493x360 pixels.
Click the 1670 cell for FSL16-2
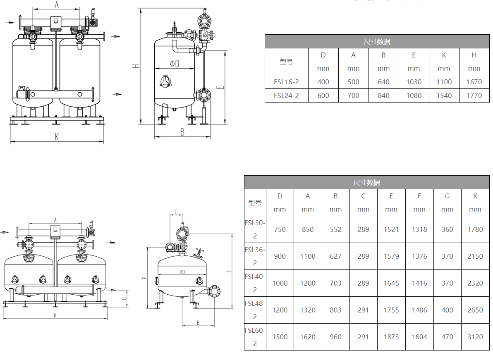(x=474, y=82)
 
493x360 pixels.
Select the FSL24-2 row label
(x=286, y=95)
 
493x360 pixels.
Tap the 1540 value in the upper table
(x=444, y=95)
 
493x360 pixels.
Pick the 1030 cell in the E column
(x=414, y=82)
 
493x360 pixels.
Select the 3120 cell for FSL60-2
(x=475, y=337)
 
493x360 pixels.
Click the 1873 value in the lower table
(x=391, y=337)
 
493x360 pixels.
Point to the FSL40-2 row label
(x=255, y=283)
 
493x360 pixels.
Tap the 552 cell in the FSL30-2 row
(x=335, y=229)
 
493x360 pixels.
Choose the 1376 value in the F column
(x=419, y=256)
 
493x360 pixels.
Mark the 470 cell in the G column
(x=447, y=337)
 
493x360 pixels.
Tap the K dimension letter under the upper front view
(x=57, y=137)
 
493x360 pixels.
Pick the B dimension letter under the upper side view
(x=182, y=132)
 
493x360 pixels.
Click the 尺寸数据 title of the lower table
(x=366, y=182)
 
